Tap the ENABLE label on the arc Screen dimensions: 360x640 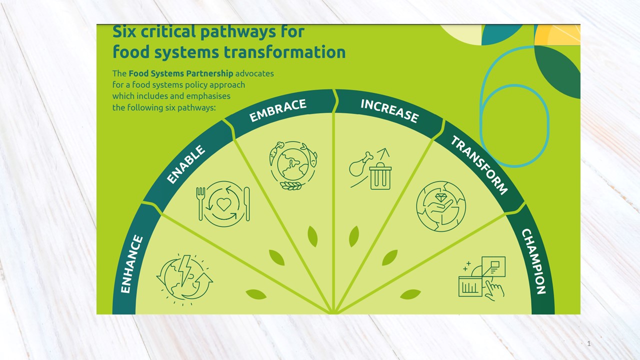[x=186, y=165]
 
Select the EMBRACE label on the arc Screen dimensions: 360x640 [x=277, y=110]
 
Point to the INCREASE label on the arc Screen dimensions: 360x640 [x=389, y=110]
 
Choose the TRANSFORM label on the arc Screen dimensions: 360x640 [x=479, y=165]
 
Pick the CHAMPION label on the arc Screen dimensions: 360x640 [x=533, y=261]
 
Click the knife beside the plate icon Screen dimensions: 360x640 [x=246, y=203]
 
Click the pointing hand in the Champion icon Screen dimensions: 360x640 [x=495, y=289]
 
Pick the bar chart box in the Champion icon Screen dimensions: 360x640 [x=470, y=286]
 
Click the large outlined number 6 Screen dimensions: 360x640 [x=514, y=107]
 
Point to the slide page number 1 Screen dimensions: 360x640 [x=589, y=343]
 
